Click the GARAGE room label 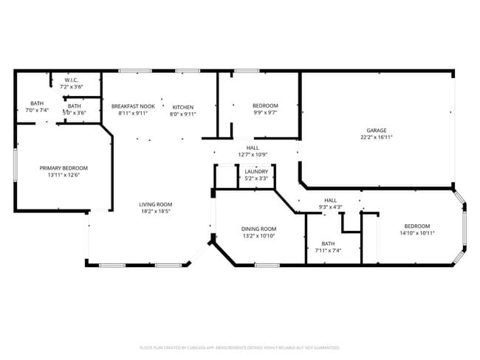pos(376,129)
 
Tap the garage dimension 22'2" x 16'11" pos(376,137)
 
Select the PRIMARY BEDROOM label pos(64,167)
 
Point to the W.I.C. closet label pos(72,80)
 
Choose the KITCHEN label pos(183,106)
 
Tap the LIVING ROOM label pos(156,204)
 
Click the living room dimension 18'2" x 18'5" pos(156,212)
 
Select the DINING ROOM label pos(258,229)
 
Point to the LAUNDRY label pos(256,171)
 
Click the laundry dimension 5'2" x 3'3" pos(256,179)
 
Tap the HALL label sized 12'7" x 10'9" pos(253,148)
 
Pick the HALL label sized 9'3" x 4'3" pos(330,200)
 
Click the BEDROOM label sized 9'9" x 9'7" pos(265,106)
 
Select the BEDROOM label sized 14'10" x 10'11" pos(419,226)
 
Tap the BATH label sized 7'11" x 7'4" pos(328,243)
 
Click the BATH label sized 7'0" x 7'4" pos(36,103)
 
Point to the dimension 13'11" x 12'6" pos(64,176)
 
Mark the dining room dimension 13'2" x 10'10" pos(258,236)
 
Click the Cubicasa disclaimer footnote pos(239,347)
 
